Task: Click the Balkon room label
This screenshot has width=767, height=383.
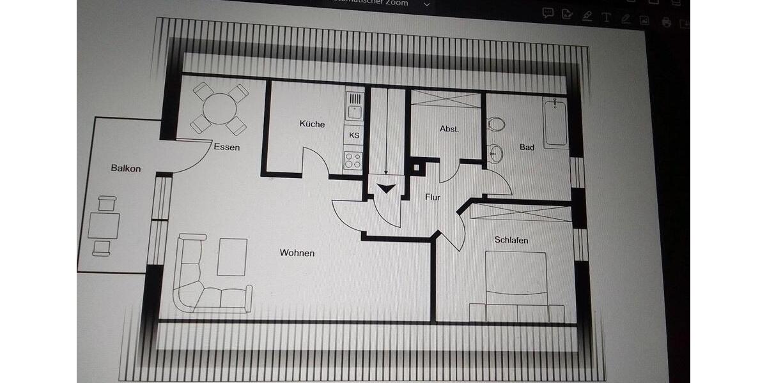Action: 125,169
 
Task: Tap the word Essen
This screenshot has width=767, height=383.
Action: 227,147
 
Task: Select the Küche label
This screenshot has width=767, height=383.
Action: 312,124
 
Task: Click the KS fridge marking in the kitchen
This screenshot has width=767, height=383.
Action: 354,135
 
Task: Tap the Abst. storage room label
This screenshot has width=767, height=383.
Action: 449,128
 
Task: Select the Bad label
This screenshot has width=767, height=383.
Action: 527,147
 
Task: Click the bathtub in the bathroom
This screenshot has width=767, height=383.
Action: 555,123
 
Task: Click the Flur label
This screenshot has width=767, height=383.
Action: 433,197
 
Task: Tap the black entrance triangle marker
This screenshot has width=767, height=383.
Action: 386,189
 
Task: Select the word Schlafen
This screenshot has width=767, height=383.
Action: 511,240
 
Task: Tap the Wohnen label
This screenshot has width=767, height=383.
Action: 297,253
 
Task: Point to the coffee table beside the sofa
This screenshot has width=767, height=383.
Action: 232,257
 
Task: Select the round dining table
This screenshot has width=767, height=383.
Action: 219,108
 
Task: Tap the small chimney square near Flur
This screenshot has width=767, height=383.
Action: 417,169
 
